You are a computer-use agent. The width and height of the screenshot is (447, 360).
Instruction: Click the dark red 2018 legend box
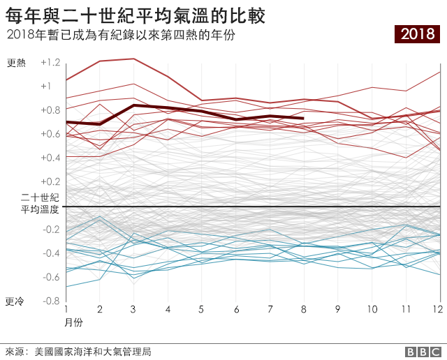click(x=417, y=33)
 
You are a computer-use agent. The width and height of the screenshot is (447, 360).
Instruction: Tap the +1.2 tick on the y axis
click(x=50, y=62)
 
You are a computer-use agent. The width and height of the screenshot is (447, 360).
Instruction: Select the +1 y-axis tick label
click(x=46, y=86)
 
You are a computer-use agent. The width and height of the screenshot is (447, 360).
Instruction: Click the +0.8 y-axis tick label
click(x=50, y=110)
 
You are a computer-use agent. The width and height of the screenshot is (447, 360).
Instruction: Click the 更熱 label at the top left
click(x=15, y=63)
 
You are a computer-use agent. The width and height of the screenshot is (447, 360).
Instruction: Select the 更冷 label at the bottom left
click(x=15, y=301)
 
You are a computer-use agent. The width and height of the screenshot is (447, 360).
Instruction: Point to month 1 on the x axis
click(x=66, y=308)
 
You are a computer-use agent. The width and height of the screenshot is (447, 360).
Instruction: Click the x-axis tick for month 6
click(x=236, y=308)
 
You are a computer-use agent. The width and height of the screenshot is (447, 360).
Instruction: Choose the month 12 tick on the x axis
click(x=437, y=308)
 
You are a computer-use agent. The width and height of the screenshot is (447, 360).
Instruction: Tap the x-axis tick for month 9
click(x=337, y=308)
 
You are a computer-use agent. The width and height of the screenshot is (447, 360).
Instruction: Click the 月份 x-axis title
click(x=73, y=322)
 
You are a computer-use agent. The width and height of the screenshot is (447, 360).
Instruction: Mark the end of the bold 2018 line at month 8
click(x=304, y=118)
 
